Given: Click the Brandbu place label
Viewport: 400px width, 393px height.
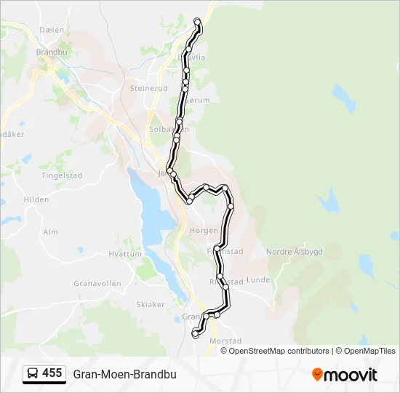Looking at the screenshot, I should [x=52, y=52].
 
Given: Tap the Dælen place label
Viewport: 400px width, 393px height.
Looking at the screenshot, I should [x=52, y=30].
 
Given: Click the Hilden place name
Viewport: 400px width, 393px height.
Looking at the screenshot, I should [x=36, y=199].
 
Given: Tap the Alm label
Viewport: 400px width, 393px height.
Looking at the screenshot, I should [x=50, y=231].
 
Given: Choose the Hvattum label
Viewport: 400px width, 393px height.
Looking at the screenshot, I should [x=125, y=254].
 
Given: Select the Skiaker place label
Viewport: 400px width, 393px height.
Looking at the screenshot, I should [x=151, y=304].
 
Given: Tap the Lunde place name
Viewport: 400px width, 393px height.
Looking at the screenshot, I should [x=258, y=279].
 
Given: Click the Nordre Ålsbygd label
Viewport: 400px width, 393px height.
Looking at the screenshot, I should [x=294, y=251].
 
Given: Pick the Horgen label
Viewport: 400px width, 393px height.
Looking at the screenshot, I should [x=203, y=229].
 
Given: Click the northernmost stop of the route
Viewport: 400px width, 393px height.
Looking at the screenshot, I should [x=197, y=21].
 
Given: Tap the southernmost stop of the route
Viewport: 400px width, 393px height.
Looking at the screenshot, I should [x=195, y=335].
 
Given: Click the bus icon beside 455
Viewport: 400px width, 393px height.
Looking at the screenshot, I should [x=33, y=373].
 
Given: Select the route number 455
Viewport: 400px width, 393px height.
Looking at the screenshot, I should [x=52, y=373].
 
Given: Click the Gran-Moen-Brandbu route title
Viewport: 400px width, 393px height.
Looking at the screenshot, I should [x=124, y=374].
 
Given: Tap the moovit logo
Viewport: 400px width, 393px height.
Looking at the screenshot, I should [x=345, y=375].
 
